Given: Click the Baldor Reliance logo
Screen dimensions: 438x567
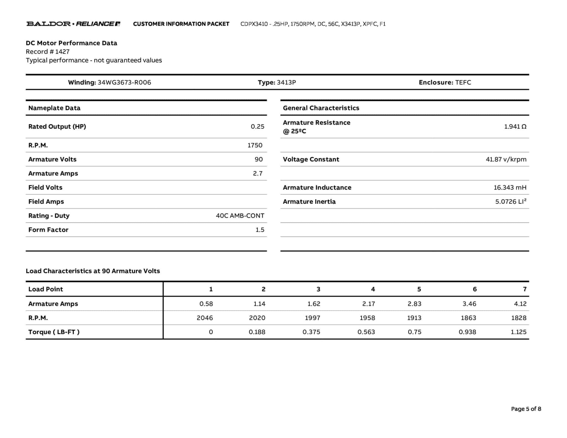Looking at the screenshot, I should click(73, 24).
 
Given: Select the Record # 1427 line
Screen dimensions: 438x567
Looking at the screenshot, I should click(48, 51).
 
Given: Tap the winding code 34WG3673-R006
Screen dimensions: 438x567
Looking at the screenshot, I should click(124, 82).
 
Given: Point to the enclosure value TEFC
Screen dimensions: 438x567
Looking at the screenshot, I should click(463, 82).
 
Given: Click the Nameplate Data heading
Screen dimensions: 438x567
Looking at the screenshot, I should click(54, 108).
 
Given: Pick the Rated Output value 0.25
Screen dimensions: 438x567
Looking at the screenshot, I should click(257, 127).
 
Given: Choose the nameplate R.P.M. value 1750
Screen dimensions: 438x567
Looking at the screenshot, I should click(255, 145).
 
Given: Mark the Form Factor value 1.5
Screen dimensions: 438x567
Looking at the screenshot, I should click(260, 230).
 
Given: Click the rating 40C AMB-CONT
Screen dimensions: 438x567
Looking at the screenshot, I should click(240, 216).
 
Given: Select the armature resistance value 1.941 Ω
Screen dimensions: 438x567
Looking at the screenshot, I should click(515, 127).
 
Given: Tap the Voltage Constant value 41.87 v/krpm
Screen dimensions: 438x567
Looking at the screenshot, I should click(506, 159).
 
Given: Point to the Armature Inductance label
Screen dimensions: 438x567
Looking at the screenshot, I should click(317, 187).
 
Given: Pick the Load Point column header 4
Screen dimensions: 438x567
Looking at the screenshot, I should click(373, 289).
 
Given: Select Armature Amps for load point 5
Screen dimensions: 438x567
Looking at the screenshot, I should click(414, 304).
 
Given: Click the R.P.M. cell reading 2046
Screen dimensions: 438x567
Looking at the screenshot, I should click(205, 318).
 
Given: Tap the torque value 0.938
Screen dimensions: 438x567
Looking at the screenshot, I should click(467, 332).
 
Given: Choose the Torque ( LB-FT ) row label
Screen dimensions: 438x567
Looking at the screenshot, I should click(54, 332).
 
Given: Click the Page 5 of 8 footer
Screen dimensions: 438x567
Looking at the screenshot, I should click(526, 409).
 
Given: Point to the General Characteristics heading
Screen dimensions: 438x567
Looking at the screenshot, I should click(321, 108).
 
